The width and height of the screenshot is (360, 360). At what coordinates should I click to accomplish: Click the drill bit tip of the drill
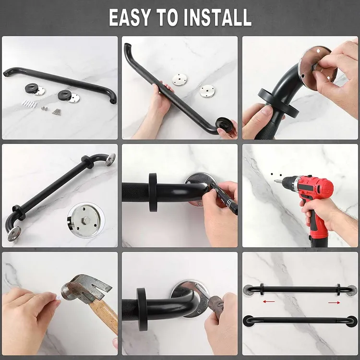tap(275, 181)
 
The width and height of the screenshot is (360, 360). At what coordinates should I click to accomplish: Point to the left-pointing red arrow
tap(269, 301)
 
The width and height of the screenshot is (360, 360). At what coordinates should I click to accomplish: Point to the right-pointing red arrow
tap(334, 302)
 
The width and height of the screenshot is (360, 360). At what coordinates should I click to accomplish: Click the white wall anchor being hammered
tap(58, 297)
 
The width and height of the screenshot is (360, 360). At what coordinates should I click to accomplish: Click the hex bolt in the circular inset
tap(86, 220)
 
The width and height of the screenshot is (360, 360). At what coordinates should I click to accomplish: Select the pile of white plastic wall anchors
tap(29, 104)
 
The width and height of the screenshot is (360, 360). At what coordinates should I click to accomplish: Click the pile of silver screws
tap(57, 111)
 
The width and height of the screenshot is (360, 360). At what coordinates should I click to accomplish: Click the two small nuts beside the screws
tap(45, 108)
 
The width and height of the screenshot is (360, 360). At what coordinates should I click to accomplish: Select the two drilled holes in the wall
tap(276, 175)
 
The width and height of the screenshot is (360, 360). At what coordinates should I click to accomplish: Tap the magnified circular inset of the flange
tap(86, 220)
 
